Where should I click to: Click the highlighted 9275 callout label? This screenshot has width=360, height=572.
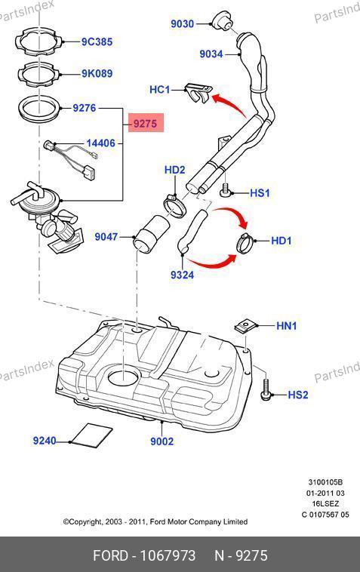pos(145,124)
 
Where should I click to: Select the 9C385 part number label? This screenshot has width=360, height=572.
pos(97,42)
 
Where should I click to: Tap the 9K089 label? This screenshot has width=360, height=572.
pos(97,74)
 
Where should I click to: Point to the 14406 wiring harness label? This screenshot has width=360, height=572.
pos(100,143)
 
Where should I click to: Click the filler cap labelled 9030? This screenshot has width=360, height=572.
pos(222,22)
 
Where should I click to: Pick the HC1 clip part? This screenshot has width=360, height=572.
pos(198,93)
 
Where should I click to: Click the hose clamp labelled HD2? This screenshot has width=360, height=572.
pos(174,205)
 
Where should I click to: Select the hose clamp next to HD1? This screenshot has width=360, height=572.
pos(245,242)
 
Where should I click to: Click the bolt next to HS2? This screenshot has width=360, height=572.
pos(266,391)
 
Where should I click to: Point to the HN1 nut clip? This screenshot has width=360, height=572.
pos(243,326)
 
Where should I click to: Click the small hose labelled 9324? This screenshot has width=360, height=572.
pos(192,231)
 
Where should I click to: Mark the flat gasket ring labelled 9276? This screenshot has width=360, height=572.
pos(38,109)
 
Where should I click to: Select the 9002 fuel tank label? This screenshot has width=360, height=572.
pos(162,441)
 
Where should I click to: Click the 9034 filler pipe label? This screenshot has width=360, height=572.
pos(211,54)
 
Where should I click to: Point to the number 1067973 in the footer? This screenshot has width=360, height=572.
pos(168,555)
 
